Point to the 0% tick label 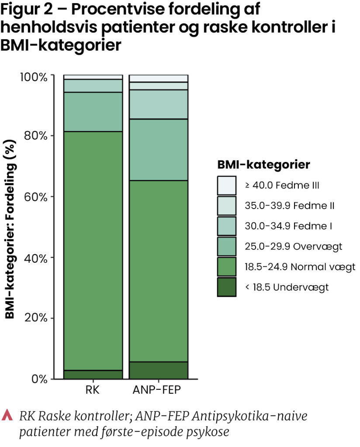point(38,379)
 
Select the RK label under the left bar point(93,390)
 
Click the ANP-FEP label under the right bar point(158,390)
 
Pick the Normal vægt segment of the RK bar point(93,251)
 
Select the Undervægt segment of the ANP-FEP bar point(158,370)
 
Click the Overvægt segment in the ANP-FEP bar point(158,150)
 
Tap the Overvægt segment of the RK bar point(93,112)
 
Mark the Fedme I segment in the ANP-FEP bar point(158,104)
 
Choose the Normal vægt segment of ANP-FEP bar point(158,271)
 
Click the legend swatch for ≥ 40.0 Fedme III point(227,186)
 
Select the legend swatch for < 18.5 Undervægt point(227,287)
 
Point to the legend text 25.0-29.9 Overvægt point(293,247)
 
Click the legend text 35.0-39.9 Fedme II point(290,206)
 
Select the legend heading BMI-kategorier point(263,165)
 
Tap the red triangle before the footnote point(8,415)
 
